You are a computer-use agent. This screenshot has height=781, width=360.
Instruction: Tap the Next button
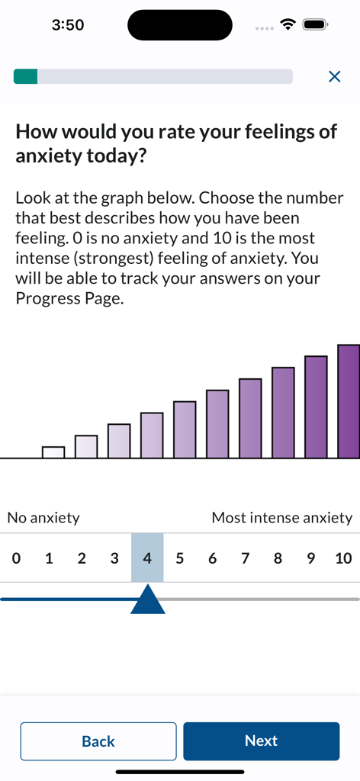pos(261,741)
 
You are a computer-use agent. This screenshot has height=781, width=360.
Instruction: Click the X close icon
pos(334,76)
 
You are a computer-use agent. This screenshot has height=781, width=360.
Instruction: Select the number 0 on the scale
pos(16,558)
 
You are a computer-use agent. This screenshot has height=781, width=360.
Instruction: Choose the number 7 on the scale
pos(245,558)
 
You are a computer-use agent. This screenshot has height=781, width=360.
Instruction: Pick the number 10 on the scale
pos(343,558)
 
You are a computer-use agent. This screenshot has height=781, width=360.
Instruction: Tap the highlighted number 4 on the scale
pos(147,558)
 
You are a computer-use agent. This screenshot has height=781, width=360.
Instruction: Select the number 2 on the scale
pos(82,558)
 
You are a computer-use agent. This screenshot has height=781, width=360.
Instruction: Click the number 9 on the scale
pos(310,558)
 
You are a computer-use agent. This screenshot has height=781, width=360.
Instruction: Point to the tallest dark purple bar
pos(349,401)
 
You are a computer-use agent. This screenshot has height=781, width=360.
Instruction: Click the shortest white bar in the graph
pos(53,452)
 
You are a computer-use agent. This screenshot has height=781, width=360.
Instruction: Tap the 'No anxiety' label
pos(43,518)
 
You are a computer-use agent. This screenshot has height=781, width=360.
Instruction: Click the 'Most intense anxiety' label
pos(282,518)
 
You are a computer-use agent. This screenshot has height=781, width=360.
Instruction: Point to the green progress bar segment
pos(25,76)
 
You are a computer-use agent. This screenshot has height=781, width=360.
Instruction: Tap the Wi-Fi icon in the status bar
pos(288,25)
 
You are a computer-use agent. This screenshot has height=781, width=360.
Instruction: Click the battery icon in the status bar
pos(314,25)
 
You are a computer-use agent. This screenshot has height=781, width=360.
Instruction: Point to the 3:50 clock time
pos(68,25)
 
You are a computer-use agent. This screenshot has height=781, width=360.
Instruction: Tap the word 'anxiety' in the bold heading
pos(52,156)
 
